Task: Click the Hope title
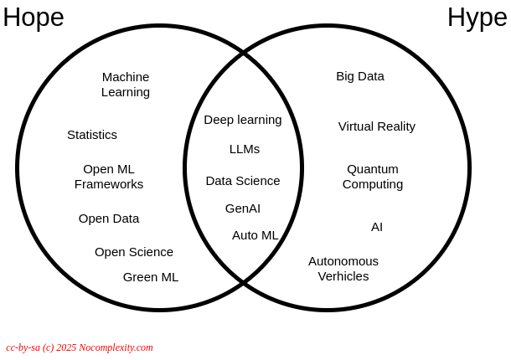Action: (x=34, y=18)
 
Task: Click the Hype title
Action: (x=477, y=18)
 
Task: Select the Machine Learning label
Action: (x=126, y=85)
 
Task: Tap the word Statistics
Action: (x=92, y=135)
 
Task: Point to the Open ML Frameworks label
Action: (x=109, y=177)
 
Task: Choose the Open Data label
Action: (x=109, y=219)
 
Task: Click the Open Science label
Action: (x=134, y=252)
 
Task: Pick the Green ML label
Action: (x=151, y=277)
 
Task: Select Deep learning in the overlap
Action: (x=243, y=121)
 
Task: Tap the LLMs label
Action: (x=245, y=149)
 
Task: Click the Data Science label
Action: (x=243, y=181)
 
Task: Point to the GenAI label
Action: (x=243, y=208)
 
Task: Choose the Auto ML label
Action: (x=255, y=235)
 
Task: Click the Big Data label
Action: (x=360, y=76)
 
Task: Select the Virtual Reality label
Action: (x=377, y=126)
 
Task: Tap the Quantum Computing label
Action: (x=373, y=177)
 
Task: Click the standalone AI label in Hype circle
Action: (x=377, y=227)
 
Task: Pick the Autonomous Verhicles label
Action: (x=343, y=269)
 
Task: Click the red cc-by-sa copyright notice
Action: (x=80, y=347)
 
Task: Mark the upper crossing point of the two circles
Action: (x=244, y=53)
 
